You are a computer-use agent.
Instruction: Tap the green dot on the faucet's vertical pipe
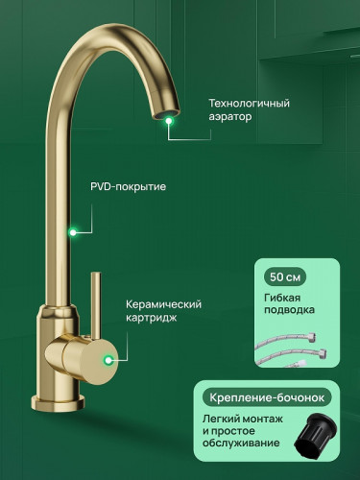point(72,231)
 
